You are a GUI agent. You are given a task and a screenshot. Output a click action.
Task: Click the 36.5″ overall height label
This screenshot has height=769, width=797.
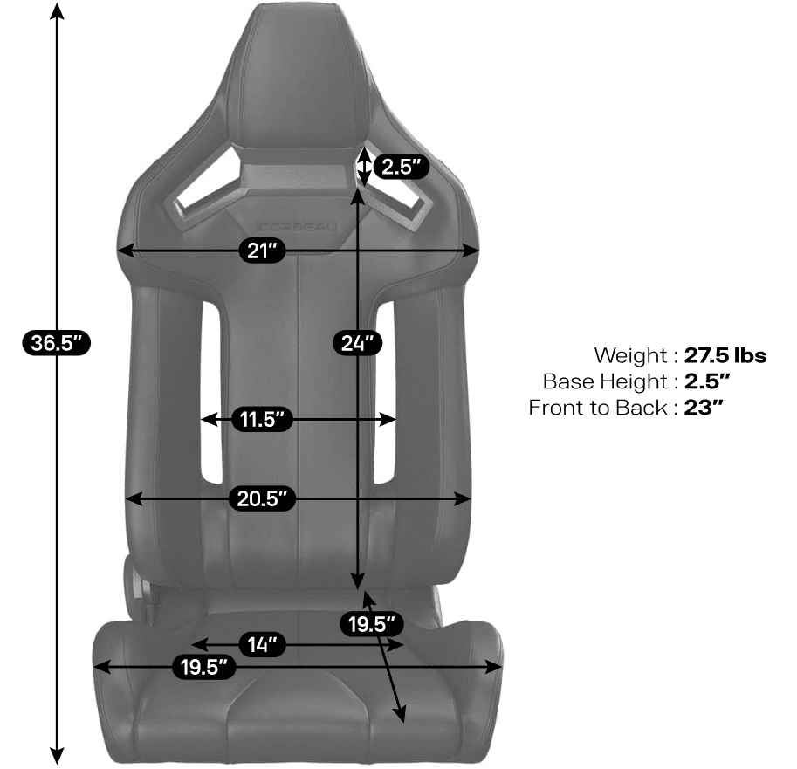pos(57,343)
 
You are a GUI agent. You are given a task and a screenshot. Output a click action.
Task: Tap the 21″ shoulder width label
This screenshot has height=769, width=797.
pos(262,251)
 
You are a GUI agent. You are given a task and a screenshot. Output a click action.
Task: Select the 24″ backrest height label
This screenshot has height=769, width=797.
pos(358,343)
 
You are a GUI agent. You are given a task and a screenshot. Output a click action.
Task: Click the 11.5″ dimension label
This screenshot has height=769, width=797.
pos(262,419)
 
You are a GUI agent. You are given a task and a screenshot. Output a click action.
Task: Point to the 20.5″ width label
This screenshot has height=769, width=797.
pos(262,498)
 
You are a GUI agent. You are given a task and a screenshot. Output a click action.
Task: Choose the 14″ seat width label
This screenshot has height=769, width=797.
pos(262,644)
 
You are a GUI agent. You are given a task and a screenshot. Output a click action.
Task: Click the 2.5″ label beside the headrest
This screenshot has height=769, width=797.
pos(402,167)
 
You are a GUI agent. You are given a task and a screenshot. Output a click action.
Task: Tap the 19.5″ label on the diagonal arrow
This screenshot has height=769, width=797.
pos(372,623)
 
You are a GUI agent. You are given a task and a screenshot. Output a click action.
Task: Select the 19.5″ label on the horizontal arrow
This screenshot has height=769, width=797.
pos(203,667)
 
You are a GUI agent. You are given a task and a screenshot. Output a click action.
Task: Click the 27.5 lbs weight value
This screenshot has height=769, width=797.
pos(725,355)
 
